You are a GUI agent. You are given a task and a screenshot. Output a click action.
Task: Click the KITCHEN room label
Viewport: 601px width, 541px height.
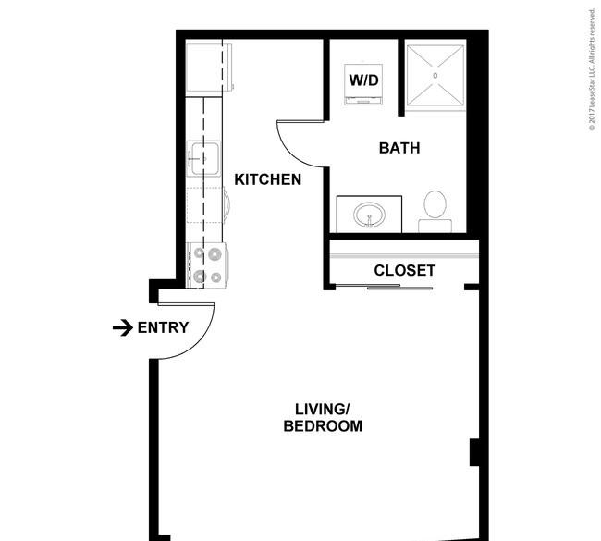(x=267, y=179)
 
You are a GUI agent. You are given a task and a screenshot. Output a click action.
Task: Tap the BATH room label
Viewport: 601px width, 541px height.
(x=399, y=148)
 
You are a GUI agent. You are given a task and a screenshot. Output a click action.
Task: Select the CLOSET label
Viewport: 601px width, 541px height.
(x=405, y=270)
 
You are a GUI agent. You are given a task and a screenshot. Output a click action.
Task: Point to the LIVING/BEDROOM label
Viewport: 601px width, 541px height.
(x=323, y=418)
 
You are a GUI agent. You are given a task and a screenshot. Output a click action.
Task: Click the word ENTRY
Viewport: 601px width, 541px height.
(x=163, y=327)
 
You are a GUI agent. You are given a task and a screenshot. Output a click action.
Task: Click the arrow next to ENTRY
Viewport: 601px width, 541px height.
(x=123, y=327)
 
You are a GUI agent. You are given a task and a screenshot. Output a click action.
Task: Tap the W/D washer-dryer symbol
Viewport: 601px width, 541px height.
(x=363, y=84)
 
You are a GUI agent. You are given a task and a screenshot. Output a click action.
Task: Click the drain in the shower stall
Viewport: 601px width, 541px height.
(x=435, y=76)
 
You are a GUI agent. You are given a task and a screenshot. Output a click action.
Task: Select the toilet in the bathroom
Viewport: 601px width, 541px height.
(x=435, y=212)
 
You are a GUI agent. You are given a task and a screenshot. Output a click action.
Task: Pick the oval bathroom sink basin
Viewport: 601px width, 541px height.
(x=369, y=215)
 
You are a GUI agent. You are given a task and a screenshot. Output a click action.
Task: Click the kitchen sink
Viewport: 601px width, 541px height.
(x=204, y=158)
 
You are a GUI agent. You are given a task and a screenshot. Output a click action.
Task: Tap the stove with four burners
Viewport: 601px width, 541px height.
(x=207, y=265)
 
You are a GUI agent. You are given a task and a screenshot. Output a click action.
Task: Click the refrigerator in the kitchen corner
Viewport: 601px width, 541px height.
(x=209, y=68)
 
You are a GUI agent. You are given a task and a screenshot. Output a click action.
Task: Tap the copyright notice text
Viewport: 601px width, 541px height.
(x=592, y=69)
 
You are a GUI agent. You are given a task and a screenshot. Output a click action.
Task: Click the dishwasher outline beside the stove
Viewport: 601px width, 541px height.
(x=206, y=204)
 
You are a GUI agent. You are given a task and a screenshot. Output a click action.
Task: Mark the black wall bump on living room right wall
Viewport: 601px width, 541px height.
(x=474, y=452)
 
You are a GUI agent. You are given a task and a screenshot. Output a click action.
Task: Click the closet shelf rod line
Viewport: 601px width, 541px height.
(x=404, y=255)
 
